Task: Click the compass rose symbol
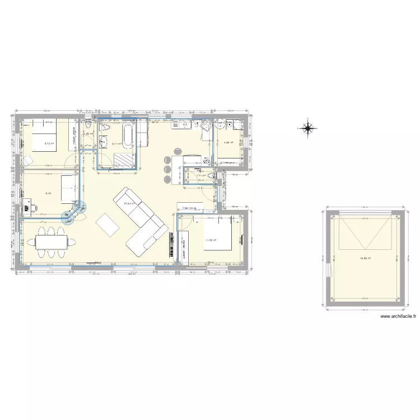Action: (307, 128)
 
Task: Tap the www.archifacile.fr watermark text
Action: (398, 316)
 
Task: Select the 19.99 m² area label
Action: (364, 258)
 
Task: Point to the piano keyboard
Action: (170, 245)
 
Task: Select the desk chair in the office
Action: (34, 208)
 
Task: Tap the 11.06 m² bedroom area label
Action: (211, 240)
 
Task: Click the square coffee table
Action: (108, 225)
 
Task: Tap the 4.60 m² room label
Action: (228, 142)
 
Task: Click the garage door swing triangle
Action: (364, 232)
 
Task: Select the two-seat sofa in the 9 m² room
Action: (66, 189)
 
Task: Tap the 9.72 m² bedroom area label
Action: (49, 143)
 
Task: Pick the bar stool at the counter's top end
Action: (178, 150)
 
